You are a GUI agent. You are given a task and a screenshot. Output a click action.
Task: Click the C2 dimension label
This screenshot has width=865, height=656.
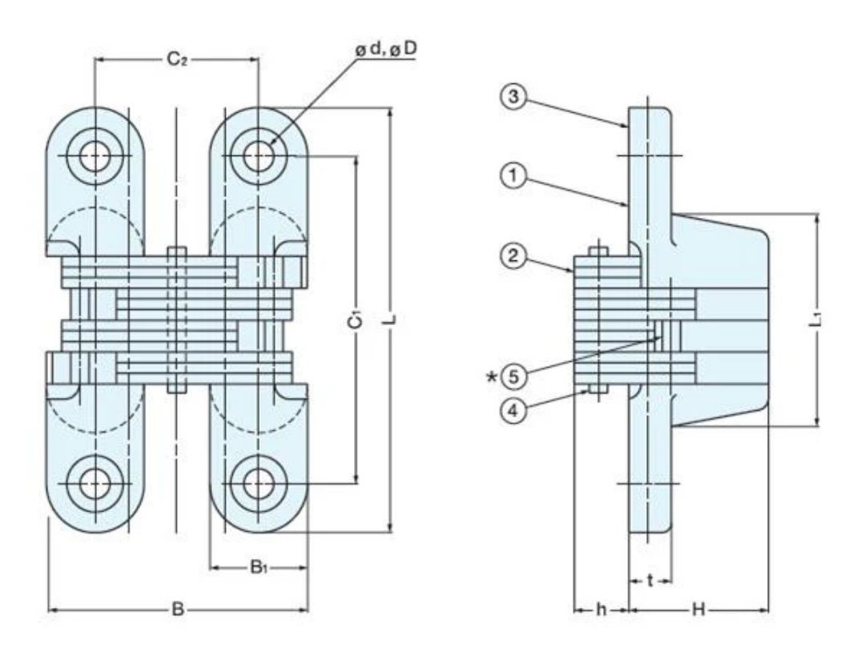(178, 59)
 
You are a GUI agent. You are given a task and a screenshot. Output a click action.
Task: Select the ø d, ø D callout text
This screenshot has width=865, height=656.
(386, 49)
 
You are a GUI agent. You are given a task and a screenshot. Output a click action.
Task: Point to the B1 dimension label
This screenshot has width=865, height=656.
(258, 566)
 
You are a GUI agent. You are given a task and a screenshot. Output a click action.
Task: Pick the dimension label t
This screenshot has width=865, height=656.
(650, 581)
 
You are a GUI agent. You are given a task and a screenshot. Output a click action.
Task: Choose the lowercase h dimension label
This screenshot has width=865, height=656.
(601, 610)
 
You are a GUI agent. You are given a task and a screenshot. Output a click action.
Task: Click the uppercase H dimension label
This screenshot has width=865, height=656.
(698, 610)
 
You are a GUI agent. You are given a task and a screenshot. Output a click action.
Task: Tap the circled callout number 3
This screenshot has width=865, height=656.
(513, 97)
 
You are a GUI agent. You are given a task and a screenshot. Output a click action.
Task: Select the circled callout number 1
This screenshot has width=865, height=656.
(513, 176)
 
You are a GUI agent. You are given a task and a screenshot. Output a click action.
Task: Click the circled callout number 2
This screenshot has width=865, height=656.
(513, 256)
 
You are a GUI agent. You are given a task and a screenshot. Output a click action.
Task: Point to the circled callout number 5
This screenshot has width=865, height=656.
(513, 377)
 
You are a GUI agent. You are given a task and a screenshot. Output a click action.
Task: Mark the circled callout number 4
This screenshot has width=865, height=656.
(513, 411)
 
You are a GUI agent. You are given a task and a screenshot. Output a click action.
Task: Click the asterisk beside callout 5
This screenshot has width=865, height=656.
(491, 378)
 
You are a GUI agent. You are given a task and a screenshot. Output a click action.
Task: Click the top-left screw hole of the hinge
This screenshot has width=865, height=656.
(95, 156)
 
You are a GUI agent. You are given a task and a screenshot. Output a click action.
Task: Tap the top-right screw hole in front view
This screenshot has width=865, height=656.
(258, 156)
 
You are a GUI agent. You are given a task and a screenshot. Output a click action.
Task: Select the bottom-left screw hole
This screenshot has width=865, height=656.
(95, 485)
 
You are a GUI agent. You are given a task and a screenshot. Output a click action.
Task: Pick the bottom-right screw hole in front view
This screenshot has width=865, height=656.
(258, 485)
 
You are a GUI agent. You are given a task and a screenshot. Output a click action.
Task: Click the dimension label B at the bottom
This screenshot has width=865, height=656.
(178, 610)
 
